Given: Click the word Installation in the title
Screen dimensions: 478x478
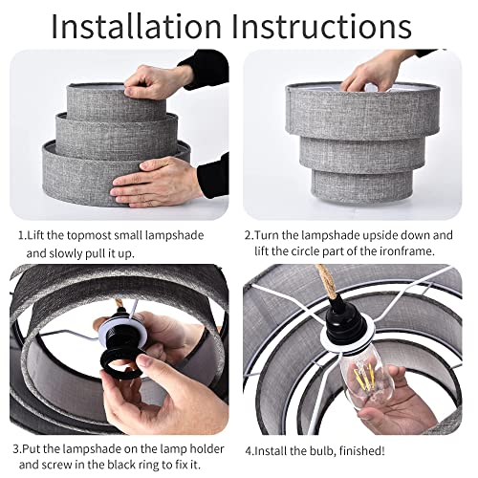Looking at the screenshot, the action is click(x=136, y=27).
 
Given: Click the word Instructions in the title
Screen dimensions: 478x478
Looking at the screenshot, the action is click(x=322, y=27).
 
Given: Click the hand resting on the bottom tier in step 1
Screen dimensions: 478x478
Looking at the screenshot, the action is click(x=156, y=183).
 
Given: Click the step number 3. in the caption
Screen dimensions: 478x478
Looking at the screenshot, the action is click(x=17, y=448).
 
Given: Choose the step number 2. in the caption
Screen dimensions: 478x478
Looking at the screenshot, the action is click(x=249, y=235).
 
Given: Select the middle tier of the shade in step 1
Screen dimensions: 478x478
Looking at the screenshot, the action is click(x=117, y=135).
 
